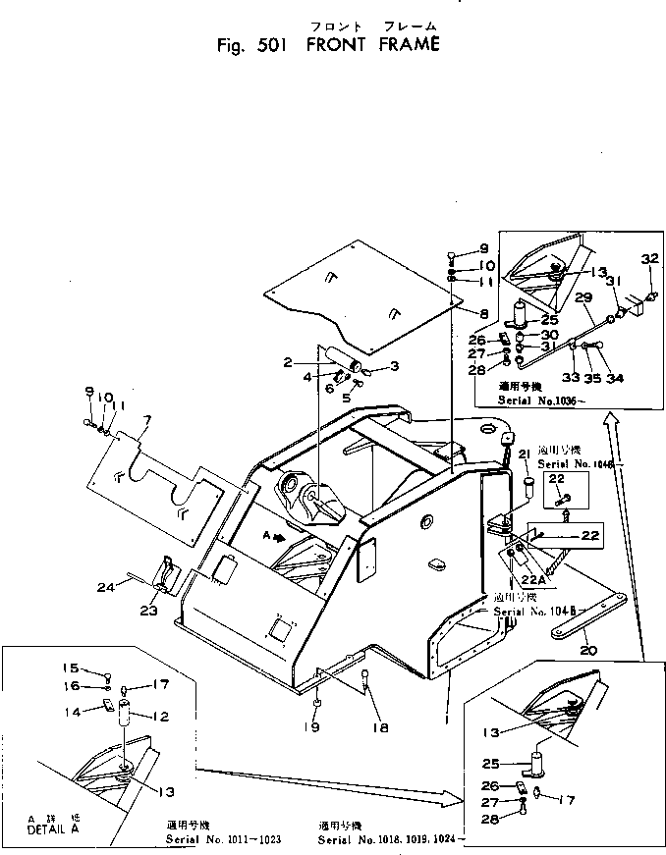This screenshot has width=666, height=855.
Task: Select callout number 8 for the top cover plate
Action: (483, 313)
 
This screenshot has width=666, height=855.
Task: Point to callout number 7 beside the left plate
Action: (147, 422)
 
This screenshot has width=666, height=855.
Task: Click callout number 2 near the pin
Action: (287, 362)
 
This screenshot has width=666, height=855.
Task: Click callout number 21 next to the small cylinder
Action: (524, 453)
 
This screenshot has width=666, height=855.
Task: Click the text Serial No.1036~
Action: (534, 401)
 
